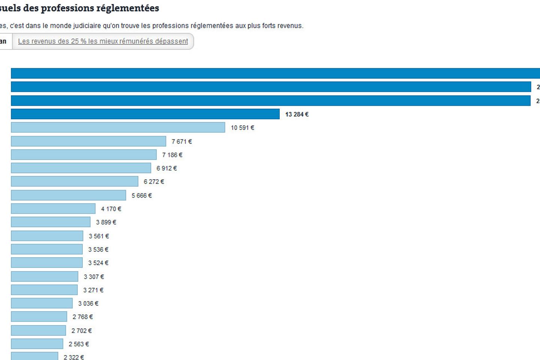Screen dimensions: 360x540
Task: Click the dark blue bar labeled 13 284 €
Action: click(x=145, y=114)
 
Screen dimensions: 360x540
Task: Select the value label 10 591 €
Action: click(x=242, y=128)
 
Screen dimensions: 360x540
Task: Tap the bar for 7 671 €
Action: click(x=88, y=141)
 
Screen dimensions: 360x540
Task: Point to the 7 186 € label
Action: click(x=172, y=155)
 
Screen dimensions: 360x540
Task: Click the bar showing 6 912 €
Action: click(x=81, y=168)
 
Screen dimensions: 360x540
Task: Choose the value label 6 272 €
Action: click(x=154, y=182)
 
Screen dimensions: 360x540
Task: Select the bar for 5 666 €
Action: click(x=69, y=195)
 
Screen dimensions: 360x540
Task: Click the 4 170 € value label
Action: click(x=111, y=209)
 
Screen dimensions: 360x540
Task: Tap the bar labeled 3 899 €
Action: click(x=51, y=222)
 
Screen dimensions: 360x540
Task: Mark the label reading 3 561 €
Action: click(x=99, y=236)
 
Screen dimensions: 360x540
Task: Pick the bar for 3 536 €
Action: click(x=47, y=249)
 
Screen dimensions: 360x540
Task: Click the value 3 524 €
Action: click(x=98, y=263)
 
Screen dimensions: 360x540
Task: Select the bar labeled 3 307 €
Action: click(x=45, y=277)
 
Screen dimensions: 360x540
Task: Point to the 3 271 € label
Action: click(x=93, y=290)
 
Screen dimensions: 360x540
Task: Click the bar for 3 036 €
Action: click(x=42, y=303)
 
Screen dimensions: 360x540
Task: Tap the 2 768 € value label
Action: click(x=82, y=317)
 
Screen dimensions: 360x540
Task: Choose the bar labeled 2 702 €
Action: click(x=39, y=330)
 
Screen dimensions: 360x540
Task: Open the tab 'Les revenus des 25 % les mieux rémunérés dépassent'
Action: click(x=103, y=41)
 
